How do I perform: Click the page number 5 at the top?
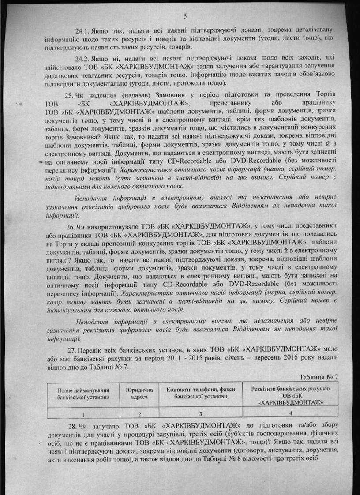tap(185, 17)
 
